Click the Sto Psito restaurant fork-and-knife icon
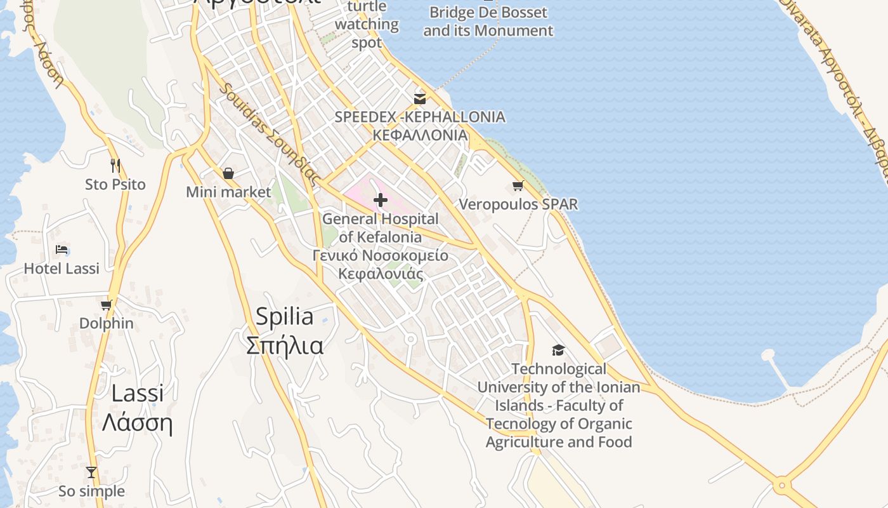coord(115,166)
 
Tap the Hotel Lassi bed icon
coord(62,250)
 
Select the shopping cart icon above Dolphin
coord(106,305)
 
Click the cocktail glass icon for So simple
coord(91,472)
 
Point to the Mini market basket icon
coord(228,173)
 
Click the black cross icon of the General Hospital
coord(381,200)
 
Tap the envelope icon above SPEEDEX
coord(420,98)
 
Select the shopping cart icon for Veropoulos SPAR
coord(518,185)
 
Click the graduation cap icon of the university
coord(558,350)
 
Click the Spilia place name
coord(284,316)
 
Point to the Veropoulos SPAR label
coord(518,204)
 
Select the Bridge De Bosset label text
coord(488,12)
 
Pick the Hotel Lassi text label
coord(62,269)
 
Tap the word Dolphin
coord(107,323)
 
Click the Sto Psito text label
coord(115,185)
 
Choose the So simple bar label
coord(91,491)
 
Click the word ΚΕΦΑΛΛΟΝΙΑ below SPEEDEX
coord(420,135)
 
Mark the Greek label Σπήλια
coord(284,345)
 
